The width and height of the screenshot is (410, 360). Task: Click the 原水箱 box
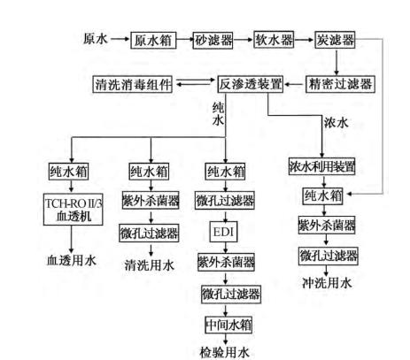click(x=152, y=40)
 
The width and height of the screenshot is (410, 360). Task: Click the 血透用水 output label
click(x=66, y=261)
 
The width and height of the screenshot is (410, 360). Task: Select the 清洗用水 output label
click(x=147, y=262)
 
